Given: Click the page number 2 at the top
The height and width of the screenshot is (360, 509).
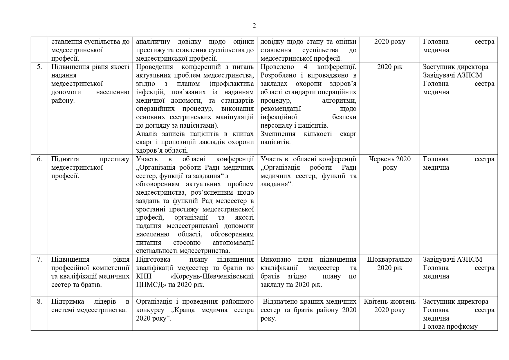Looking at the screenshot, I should [254, 26].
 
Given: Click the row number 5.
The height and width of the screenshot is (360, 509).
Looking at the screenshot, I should [39, 67].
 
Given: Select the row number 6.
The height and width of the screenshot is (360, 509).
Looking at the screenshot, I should [39, 159].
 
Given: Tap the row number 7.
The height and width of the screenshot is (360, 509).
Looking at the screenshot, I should [39, 260].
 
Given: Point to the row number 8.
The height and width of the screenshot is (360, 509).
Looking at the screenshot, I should [39, 302].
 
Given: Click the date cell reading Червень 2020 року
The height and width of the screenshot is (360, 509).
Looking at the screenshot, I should [390, 163].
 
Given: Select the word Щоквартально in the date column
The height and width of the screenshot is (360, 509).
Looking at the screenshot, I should [390, 260].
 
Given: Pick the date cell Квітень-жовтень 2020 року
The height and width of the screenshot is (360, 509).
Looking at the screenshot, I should [390, 306].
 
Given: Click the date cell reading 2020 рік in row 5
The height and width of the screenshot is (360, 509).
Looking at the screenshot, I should [390, 67].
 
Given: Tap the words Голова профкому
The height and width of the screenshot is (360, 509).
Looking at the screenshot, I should [450, 327].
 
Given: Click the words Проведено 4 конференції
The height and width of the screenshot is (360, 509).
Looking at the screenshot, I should [308, 67].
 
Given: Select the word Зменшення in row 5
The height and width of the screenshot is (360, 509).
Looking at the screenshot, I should [278, 134].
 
